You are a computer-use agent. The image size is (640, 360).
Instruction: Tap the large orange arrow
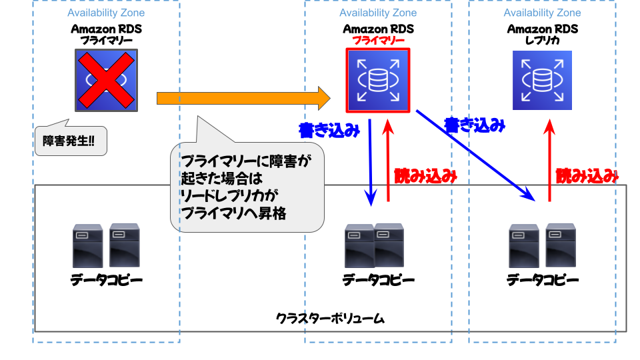pyautogui.click(x=243, y=99)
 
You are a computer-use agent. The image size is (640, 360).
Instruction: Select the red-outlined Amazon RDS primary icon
pyautogui.click(x=377, y=80)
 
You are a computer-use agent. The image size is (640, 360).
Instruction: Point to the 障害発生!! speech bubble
pyautogui.click(x=69, y=141)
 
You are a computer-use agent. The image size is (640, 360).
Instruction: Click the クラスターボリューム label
pyautogui.click(x=330, y=318)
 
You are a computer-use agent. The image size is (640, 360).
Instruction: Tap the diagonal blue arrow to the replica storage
pyautogui.click(x=475, y=154)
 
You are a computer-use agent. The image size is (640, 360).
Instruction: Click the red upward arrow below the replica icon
pyautogui.click(x=549, y=160)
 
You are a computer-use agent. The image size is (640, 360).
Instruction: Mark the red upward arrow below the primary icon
pyautogui.click(x=388, y=160)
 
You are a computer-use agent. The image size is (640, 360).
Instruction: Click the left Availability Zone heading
pyautogui.click(x=106, y=13)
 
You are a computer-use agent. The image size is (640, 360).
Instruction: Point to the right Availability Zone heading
pyautogui.click(x=542, y=13)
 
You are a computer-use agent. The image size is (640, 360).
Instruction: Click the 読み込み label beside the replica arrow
pyautogui.click(x=587, y=176)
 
